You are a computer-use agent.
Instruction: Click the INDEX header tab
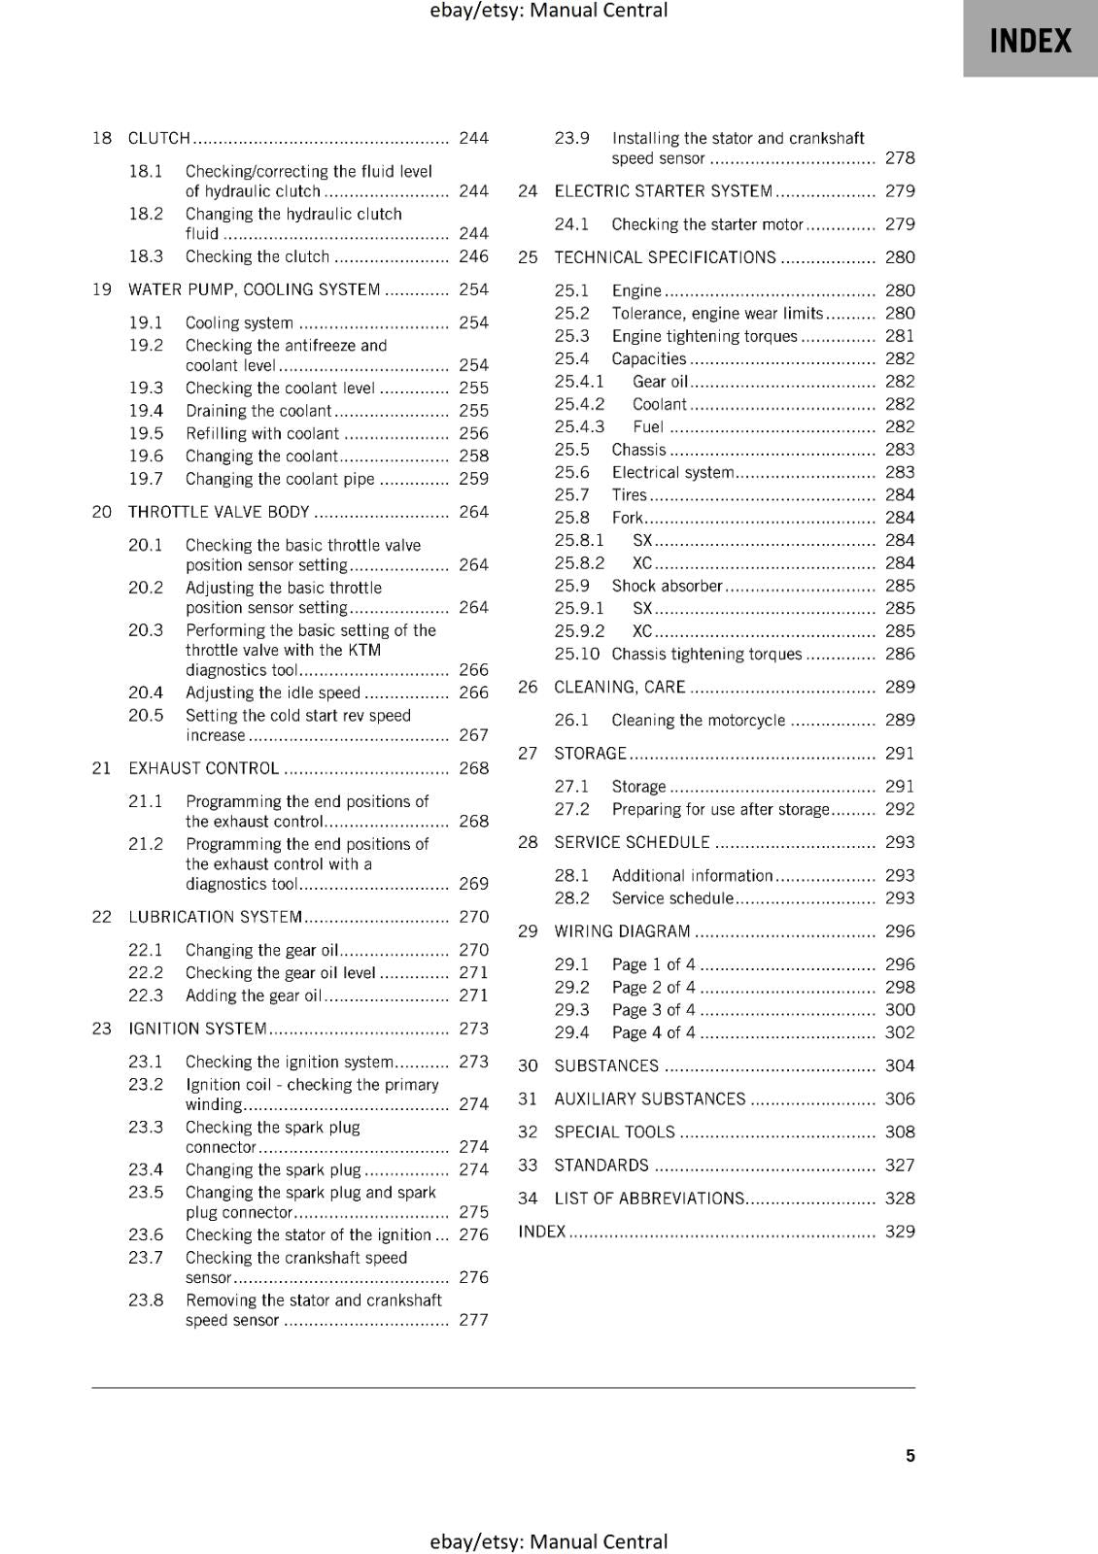(x=1030, y=41)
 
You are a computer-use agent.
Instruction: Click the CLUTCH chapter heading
(x=159, y=138)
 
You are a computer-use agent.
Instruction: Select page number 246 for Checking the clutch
(x=473, y=256)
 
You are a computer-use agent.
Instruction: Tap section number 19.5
(x=146, y=433)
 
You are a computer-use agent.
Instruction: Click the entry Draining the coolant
(x=258, y=411)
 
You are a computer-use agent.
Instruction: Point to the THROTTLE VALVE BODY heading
(x=219, y=512)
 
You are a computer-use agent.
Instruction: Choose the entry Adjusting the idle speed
(x=273, y=693)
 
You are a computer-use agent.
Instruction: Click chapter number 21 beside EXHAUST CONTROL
(x=101, y=768)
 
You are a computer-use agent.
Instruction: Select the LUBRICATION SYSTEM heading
(x=216, y=917)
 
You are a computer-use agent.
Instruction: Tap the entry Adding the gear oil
(x=253, y=996)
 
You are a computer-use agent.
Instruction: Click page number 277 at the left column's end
(x=473, y=1320)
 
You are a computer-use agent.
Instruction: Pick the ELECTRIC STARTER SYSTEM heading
(x=664, y=191)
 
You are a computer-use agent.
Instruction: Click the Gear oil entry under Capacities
(x=660, y=382)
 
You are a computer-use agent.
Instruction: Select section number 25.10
(x=576, y=654)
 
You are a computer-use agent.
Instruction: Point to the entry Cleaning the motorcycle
(x=698, y=720)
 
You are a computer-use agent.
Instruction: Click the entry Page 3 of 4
(x=653, y=1010)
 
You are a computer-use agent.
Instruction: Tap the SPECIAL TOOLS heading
(x=614, y=1132)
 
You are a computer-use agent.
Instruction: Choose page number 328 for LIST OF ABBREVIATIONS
(x=899, y=1199)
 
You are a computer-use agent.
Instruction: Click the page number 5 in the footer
(x=909, y=1456)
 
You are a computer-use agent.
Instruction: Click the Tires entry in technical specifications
(x=629, y=495)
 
